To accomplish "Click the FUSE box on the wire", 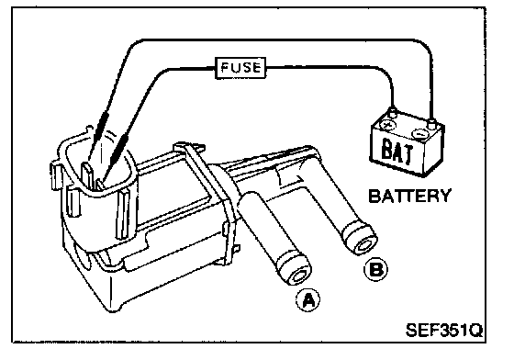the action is pyautogui.click(x=240, y=68).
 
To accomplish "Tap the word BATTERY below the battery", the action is pyautogui.click(x=409, y=196).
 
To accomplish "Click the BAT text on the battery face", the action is pyautogui.click(x=397, y=152).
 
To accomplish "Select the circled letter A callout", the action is pyautogui.click(x=308, y=299).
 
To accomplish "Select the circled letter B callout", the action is pyautogui.click(x=376, y=269).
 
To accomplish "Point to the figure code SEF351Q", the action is pyautogui.click(x=444, y=330).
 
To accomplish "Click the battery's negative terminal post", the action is pyautogui.click(x=431, y=124).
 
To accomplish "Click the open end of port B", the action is pyautogui.click(x=363, y=243).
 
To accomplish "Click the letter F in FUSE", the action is pyautogui.click(x=225, y=68).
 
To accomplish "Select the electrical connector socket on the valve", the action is pyautogui.click(x=95, y=171).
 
